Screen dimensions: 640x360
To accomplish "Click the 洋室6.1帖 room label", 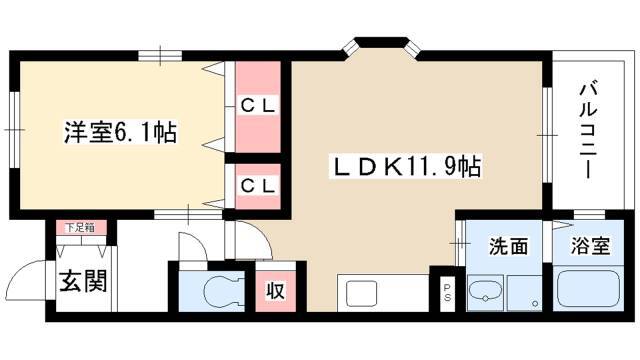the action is pyautogui.click(x=120, y=132).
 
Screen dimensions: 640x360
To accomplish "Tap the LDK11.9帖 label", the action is pyautogui.click(x=406, y=166).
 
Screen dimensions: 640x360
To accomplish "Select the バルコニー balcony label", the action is pyautogui.click(x=587, y=130).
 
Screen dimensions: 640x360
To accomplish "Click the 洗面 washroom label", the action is pyautogui.click(x=509, y=247).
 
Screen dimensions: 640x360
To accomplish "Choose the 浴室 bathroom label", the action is pyautogui.click(x=590, y=247).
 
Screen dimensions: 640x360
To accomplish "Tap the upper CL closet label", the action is pyautogui.click(x=258, y=107).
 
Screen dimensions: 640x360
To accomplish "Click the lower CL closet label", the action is pyautogui.click(x=258, y=186).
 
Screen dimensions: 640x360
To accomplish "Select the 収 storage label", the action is pyautogui.click(x=276, y=291).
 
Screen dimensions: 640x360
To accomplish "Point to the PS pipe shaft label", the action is pyautogui.click(x=448, y=292).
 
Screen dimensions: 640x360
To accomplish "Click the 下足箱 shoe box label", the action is pyautogui.click(x=80, y=228).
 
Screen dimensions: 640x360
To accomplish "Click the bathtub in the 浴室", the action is pyautogui.click(x=589, y=288).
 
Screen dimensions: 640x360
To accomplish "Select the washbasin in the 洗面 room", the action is pyautogui.click(x=485, y=291).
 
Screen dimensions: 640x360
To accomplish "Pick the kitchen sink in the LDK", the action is pyautogui.click(x=362, y=294).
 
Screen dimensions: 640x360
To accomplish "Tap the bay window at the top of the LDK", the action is pyautogui.click(x=383, y=46).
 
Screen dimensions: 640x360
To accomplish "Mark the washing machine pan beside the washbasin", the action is pyautogui.click(x=524, y=293).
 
